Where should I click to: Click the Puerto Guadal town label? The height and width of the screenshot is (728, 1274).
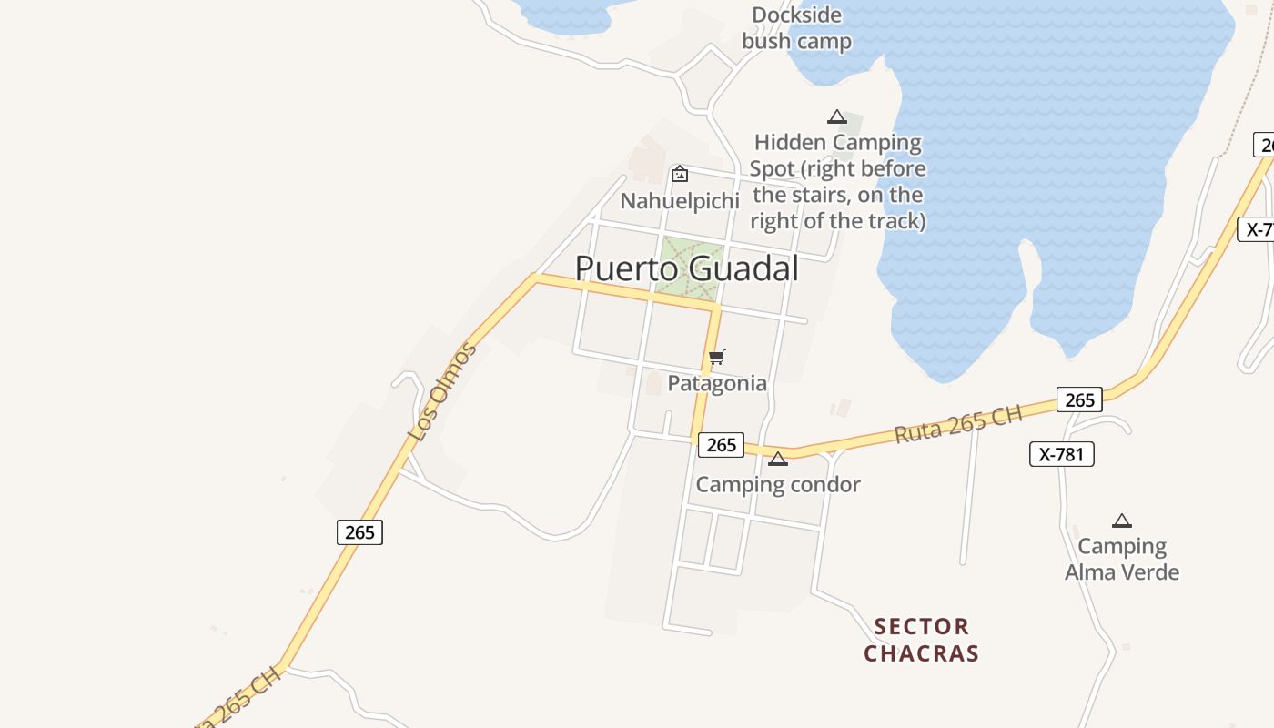click(x=687, y=268)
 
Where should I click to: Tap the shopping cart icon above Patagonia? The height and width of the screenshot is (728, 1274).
click(x=717, y=357)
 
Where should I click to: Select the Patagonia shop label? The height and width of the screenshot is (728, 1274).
click(x=717, y=383)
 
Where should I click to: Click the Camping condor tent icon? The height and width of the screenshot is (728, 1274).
click(x=777, y=459)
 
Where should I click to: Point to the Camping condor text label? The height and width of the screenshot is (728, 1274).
click(x=778, y=484)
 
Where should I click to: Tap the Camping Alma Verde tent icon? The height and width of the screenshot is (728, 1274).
click(x=1122, y=521)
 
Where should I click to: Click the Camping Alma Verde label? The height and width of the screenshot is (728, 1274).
click(x=1122, y=559)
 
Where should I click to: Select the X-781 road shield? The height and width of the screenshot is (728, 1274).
click(x=1062, y=454)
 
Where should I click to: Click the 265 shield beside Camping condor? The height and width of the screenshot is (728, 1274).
click(x=721, y=444)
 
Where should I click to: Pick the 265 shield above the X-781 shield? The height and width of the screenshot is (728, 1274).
click(x=1079, y=399)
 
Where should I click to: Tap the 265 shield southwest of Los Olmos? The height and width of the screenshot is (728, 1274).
click(x=359, y=531)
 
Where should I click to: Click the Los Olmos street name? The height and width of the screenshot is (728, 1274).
click(x=442, y=391)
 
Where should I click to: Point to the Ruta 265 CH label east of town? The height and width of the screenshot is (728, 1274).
click(x=958, y=423)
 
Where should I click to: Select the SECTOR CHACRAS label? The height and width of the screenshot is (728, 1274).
click(x=921, y=640)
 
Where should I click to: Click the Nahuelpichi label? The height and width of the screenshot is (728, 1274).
click(x=679, y=200)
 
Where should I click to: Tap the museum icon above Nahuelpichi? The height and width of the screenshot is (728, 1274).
click(x=679, y=174)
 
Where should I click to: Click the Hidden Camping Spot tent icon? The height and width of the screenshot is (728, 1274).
click(x=837, y=116)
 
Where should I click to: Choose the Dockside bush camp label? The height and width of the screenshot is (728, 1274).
click(x=797, y=28)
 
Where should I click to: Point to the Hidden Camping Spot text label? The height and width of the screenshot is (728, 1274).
click(x=838, y=182)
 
